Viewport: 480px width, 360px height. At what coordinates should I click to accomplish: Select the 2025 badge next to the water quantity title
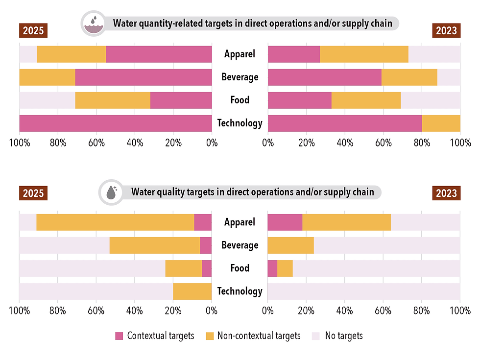(x=33, y=30)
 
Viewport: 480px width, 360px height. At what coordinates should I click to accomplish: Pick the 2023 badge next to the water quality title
(x=447, y=193)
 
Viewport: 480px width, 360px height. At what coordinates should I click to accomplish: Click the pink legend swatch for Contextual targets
(x=119, y=336)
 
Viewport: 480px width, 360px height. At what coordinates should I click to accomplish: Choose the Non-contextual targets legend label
(x=259, y=336)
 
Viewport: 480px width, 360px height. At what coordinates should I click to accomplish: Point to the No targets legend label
(x=343, y=336)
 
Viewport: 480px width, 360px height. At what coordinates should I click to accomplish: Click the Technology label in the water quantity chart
(x=240, y=123)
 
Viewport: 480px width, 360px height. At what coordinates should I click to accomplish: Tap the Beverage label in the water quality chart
(x=240, y=245)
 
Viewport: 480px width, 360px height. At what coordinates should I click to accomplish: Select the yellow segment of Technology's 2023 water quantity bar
(x=441, y=123)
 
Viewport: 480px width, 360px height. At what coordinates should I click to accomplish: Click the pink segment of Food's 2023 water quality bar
(x=272, y=268)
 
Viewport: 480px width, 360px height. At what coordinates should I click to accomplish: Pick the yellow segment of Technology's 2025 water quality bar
(x=192, y=291)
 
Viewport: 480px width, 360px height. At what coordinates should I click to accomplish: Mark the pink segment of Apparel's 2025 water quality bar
(x=203, y=222)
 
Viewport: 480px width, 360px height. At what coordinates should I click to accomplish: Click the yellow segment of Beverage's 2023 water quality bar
(x=290, y=245)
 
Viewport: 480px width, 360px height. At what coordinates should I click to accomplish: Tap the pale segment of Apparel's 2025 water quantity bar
(x=28, y=54)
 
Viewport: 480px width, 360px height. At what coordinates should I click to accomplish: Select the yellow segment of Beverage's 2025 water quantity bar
(x=47, y=77)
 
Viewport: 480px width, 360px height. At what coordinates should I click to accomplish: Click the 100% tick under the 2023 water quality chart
(x=460, y=311)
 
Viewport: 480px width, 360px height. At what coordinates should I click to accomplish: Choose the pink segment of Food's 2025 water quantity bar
(x=181, y=100)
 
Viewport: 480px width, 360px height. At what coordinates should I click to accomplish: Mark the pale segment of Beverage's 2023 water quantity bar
(x=449, y=77)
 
